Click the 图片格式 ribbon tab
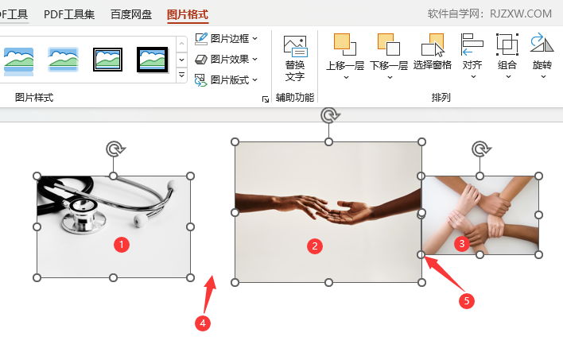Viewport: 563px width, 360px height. (x=188, y=14)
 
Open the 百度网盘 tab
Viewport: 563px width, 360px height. (x=131, y=14)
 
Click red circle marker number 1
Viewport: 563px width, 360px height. (x=121, y=245)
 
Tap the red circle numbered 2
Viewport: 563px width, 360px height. (x=315, y=246)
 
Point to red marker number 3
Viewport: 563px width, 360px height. (x=461, y=244)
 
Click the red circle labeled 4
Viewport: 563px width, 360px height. (x=204, y=323)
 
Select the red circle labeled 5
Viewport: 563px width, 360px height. (x=468, y=300)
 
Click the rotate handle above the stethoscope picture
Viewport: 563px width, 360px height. (x=115, y=149)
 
